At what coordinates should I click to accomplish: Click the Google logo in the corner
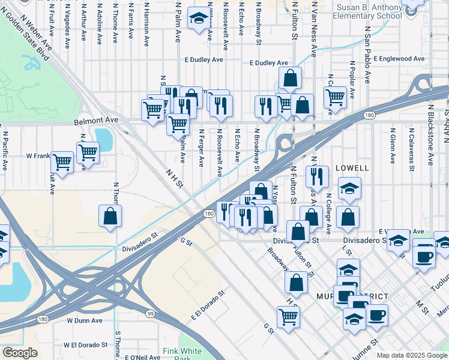click(20, 353)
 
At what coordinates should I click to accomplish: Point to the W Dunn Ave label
click(84, 320)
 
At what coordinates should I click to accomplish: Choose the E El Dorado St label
click(207, 305)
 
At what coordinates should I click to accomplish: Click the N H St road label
click(174, 178)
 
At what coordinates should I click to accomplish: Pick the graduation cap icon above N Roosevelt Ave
click(197, 18)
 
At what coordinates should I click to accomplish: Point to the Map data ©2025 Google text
click(412, 355)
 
